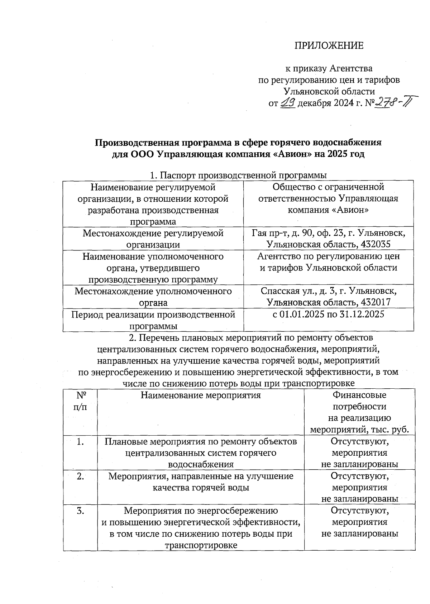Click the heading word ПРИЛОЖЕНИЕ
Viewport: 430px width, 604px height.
329,45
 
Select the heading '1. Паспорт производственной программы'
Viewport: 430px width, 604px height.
238,176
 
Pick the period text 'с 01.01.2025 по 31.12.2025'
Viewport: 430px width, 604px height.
328,314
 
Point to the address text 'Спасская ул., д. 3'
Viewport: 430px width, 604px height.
294,291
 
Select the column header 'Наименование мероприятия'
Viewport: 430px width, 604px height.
201,395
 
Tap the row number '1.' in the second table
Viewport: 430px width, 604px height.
80,442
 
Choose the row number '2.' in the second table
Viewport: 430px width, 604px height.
80,476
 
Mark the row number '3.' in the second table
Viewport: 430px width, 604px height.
80,510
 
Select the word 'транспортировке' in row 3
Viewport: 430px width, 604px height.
201,545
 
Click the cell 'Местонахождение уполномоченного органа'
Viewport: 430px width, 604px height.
153,297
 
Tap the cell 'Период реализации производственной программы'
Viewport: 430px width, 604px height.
153,320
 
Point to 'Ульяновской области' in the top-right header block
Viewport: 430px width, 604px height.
329,92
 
